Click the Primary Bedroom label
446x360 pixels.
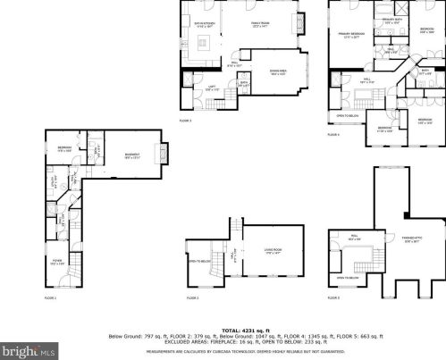pyautogui.click(x=349, y=35)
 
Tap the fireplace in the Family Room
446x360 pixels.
pyautogui.click(x=300, y=25)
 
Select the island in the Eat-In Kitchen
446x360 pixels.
pyautogui.click(x=204, y=44)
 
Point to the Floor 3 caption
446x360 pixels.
pyautogui.click(x=184, y=120)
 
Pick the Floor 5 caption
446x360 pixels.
pyautogui.click(x=333, y=297)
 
